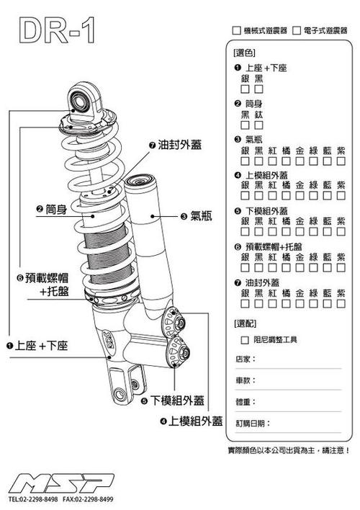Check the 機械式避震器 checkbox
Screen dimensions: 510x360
pyautogui.click(x=236, y=31)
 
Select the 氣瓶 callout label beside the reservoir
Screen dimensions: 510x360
pyautogui.click(x=194, y=215)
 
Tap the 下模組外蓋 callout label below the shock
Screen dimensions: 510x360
pyautogui.click(x=176, y=401)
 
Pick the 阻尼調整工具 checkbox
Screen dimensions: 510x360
pyautogui.click(x=246, y=339)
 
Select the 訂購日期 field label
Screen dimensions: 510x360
pyautogui.click(x=250, y=424)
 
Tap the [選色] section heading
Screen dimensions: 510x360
pyautogui.click(x=245, y=53)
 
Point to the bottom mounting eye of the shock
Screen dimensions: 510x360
pyautogui.click(x=118, y=395)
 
